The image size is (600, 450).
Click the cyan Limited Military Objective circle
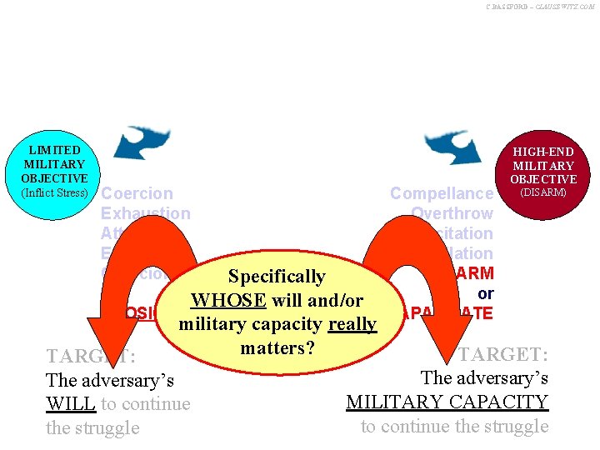click(x=55, y=171)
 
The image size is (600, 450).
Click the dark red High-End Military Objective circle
click(x=543, y=169)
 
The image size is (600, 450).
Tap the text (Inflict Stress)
click(x=55, y=192)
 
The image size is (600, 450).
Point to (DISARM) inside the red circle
click(x=543, y=192)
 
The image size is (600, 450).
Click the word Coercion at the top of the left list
click(x=137, y=193)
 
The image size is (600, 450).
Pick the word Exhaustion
click(x=145, y=213)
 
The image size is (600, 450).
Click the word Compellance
click(x=442, y=193)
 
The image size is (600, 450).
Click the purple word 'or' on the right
click(x=485, y=293)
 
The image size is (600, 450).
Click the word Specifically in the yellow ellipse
click(x=277, y=276)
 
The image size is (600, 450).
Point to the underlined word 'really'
click(x=352, y=324)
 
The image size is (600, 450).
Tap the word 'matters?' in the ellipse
click(x=276, y=346)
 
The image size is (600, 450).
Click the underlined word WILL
click(x=69, y=404)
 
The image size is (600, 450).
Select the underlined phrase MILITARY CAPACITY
click(x=447, y=402)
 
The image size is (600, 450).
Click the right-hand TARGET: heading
click(x=502, y=353)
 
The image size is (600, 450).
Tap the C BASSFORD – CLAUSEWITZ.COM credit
click(x=540, y=7)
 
